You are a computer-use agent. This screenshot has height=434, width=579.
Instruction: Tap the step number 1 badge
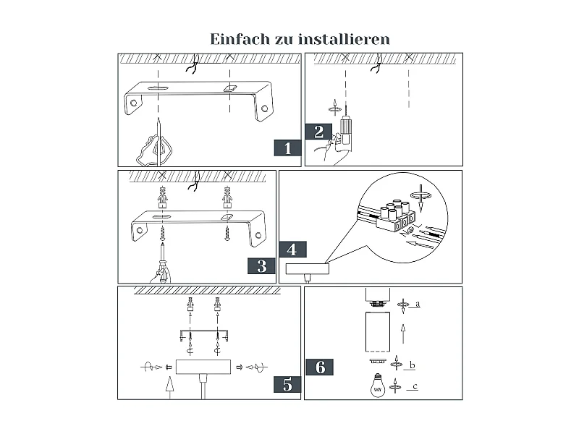287,148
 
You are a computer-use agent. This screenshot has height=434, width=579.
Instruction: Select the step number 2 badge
318,132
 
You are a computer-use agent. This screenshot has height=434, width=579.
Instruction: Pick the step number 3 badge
261,265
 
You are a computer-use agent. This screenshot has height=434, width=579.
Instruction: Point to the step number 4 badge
292,250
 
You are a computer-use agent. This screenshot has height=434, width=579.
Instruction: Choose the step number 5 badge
287,384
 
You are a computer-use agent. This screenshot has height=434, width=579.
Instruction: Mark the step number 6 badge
320,367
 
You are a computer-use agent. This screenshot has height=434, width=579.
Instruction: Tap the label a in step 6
418,305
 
